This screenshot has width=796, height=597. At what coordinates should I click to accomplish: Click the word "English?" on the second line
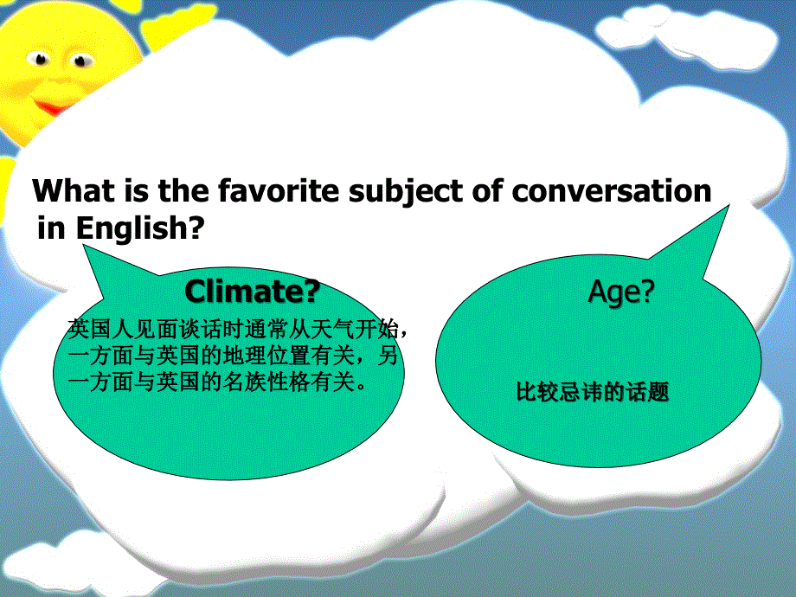click(140, 229)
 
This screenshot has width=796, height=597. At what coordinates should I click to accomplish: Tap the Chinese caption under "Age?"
click(593, 393)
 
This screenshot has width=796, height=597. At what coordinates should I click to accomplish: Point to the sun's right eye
click(82, 61)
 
